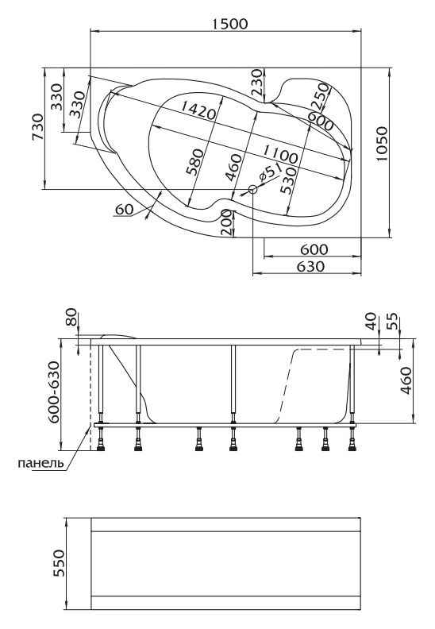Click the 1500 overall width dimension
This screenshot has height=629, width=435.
(229, 24)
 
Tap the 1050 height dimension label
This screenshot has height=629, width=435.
(383, 145)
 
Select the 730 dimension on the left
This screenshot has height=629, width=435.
(37, 127)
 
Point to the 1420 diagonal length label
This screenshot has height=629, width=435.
(198, 110)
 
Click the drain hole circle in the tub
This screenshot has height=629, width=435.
(252, 189)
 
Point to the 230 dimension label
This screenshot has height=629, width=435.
(259, 83)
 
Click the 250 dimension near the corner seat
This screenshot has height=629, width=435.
(321, 96)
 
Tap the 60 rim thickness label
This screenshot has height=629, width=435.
(124, 209)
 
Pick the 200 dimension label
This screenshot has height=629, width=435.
(226, 222)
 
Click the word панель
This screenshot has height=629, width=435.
(41, 463)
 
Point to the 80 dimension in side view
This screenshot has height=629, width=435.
(71, 317)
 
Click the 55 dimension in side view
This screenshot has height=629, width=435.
(394, 321)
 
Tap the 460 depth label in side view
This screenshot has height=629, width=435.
(406, 380)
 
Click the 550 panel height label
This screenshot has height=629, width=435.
(59, 563)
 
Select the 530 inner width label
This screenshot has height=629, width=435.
(288, 180)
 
